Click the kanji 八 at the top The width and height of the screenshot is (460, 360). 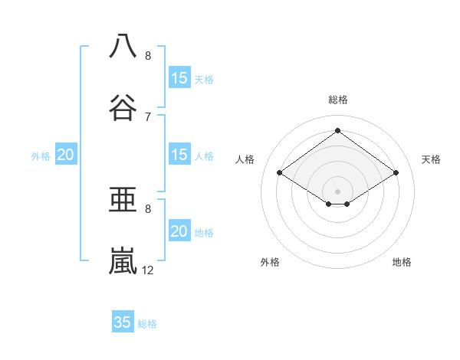coord(123,46)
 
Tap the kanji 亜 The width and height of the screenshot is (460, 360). coord(123,199)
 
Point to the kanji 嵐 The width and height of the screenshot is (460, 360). coord(123,260)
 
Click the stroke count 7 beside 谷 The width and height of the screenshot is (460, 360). coord(148,116)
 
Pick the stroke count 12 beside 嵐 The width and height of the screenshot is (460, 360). coord(148,270)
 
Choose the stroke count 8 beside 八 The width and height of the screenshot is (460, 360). coord(148,55)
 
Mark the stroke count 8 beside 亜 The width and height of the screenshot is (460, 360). coord(148,208)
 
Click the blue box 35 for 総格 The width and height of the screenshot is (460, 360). coord(123,322)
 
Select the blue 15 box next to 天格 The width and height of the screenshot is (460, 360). coord(179,78)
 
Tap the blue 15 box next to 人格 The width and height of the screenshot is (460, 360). coord(179,155)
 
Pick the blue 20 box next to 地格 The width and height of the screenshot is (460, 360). coord(179,231)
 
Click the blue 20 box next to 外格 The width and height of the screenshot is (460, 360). coord(65,155)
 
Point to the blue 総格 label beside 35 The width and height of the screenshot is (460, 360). coord(147,324)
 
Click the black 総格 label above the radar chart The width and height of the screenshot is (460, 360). coord(338,100)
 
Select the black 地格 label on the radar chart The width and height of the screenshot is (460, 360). coord(402,262)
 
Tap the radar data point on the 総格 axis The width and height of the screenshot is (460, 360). coord(337,130)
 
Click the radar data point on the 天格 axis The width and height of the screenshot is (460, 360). coord(396,173)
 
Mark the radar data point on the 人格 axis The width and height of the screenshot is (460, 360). coord(280,173)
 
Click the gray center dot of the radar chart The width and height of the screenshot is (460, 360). coord(337,191)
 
